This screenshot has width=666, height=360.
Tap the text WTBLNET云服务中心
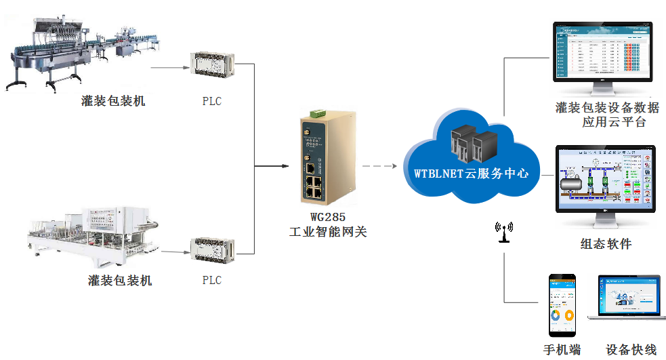pos(472,173)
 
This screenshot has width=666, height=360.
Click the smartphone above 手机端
pos(562,305)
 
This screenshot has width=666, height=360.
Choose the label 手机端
pos(562,350)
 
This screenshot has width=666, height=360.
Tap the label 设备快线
pos(631,350)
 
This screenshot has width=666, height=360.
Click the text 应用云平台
pos(614,123)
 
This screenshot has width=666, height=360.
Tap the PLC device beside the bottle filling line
pos(212,66)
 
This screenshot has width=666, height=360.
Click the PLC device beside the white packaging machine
pos(212,248)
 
